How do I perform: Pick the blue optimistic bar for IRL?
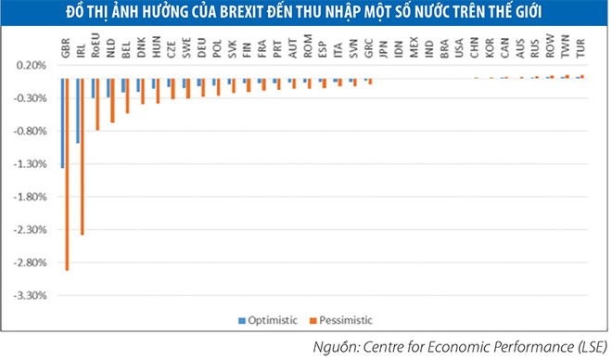[x=77, y=110]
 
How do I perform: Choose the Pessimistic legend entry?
[x=344, y=320]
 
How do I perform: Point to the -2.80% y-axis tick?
[x=32, y=263]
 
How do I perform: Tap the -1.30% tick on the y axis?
[x=32, y=164]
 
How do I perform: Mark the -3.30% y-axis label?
[x=32, y=296]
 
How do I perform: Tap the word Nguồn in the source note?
[x=341, y=348]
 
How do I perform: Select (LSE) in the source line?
[x=585, y=348]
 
